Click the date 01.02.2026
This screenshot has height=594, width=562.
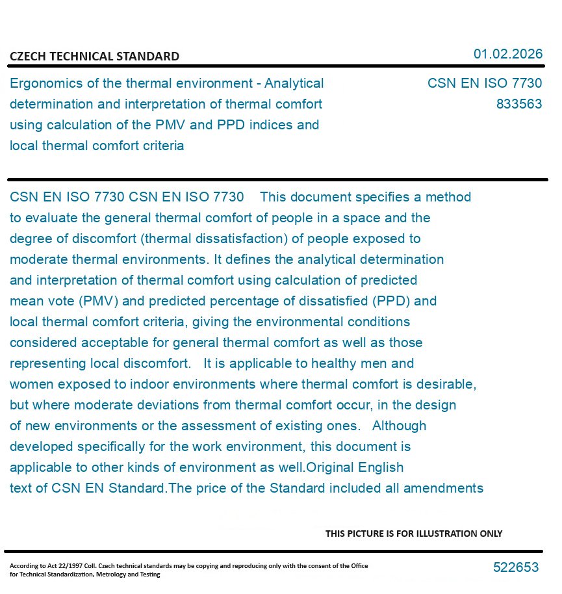[x=507, y=54]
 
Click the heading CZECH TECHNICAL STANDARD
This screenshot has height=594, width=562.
[x=94, y=57]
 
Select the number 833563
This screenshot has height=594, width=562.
[x=518, y=104]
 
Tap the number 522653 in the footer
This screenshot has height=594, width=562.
[x=516, y=567]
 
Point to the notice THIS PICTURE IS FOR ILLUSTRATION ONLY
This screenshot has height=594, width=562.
[x=414, y=534]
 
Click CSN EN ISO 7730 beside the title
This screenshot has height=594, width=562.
[x=484, y=84]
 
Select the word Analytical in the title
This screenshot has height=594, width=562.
[x=294, y=84]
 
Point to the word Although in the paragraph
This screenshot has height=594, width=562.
[x=399, y=426]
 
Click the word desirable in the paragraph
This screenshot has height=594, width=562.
[x=446, y=384]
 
